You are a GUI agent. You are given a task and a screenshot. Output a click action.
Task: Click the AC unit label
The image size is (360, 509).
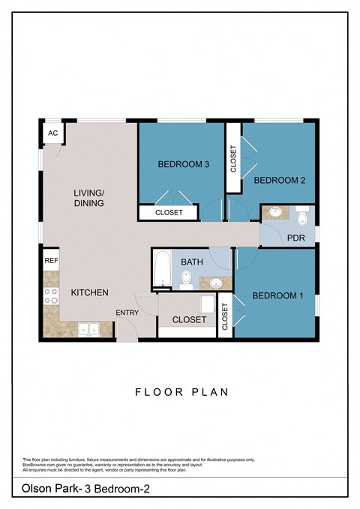[52, 133]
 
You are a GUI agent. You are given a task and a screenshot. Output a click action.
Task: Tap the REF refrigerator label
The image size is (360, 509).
[51, 261]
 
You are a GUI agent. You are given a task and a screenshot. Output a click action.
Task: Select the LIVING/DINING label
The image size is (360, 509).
[89, 198]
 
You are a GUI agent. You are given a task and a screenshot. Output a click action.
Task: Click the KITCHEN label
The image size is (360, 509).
[90, 292]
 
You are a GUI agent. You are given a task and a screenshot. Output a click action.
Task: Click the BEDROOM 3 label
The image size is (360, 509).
[182, 164]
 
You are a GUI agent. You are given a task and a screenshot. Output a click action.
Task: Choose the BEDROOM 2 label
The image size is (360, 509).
[278, 180]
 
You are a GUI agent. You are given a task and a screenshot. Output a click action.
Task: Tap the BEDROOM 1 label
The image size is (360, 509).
[277, 295]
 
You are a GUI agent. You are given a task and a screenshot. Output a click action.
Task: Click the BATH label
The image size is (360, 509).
[193, 262]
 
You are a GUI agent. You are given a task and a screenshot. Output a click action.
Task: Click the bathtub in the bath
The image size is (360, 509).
[162, 271]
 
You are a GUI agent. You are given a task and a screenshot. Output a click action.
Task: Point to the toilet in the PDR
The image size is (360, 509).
[302, 214]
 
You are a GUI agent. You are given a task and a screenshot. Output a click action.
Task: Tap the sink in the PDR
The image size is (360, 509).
[275, 212]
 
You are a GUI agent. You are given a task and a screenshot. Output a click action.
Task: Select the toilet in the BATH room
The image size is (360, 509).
[186, 280]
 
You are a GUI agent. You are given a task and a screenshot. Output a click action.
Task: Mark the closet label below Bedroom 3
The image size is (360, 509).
[169, 213]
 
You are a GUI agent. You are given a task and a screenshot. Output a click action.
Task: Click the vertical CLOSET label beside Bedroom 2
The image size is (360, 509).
[233, 158]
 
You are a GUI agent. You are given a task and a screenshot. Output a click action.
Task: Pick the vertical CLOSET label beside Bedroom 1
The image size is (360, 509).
[224, 317]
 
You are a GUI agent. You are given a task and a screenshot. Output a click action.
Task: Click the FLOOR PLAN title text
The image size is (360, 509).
[181, 391]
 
